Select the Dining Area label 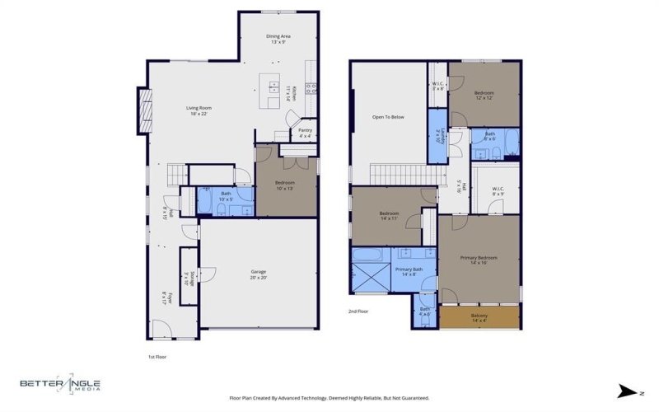click(278, 39)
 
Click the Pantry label click(305, 132)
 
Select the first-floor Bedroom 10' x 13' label click(285, 185)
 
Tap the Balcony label click(479, 318)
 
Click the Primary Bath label click(409, 272)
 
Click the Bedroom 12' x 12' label click(484, 96)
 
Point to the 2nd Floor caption click(358, 312)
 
